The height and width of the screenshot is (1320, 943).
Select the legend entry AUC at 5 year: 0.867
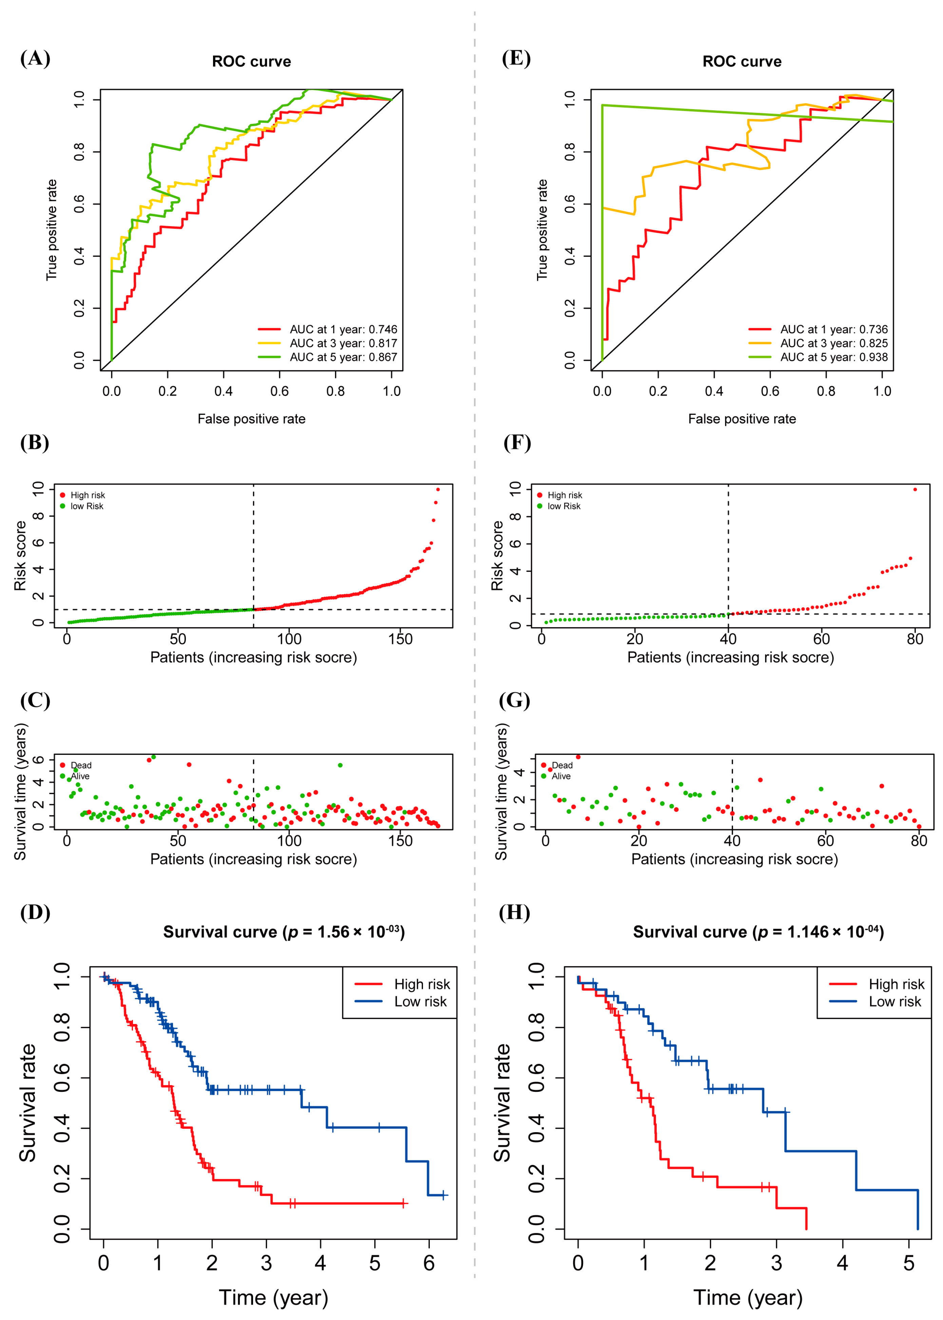click(343, 357)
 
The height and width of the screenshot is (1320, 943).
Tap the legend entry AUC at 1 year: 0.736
click(833, 329)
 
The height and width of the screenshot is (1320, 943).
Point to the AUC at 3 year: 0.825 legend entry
click(833, 343)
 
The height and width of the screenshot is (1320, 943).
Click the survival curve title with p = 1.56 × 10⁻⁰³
click(284, 932)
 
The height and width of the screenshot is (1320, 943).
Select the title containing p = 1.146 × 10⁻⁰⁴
click(758, 932)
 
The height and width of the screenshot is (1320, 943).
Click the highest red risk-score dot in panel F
click(915, 489)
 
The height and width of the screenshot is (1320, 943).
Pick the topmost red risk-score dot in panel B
click(438, 489)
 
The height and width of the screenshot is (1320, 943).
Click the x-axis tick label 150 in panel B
click(400, 639)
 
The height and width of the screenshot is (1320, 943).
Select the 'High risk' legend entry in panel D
click(422, 984)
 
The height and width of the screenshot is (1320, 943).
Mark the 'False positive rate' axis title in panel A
click(251, 418)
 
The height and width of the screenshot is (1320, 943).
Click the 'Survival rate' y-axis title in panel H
click(502, 1103)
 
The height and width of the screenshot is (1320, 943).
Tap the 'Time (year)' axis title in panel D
click(273, 1297)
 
